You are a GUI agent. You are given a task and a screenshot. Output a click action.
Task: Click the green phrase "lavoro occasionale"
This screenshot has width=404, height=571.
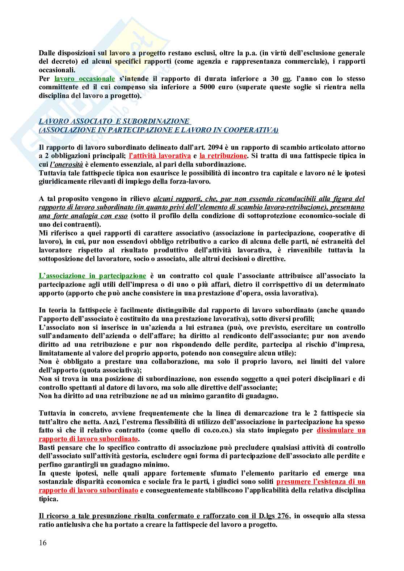click(84, 79)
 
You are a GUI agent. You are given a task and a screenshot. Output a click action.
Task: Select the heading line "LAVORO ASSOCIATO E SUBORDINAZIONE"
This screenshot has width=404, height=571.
click(114, 121)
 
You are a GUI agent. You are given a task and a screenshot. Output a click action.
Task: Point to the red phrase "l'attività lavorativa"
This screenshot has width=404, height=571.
click(160, 156)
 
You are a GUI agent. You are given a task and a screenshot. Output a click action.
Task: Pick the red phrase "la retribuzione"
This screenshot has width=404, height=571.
click(223, 156)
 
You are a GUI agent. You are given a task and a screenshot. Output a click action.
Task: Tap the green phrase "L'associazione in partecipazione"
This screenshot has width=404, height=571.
click(92, 276)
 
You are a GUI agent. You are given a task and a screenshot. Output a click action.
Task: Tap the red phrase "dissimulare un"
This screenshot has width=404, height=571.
click(341, 430)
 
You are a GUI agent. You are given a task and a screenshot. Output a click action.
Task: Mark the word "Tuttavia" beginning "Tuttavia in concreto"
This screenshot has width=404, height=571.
click(51, 413)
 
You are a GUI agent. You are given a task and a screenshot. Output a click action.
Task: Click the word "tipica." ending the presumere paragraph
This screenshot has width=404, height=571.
click(48, 499)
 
